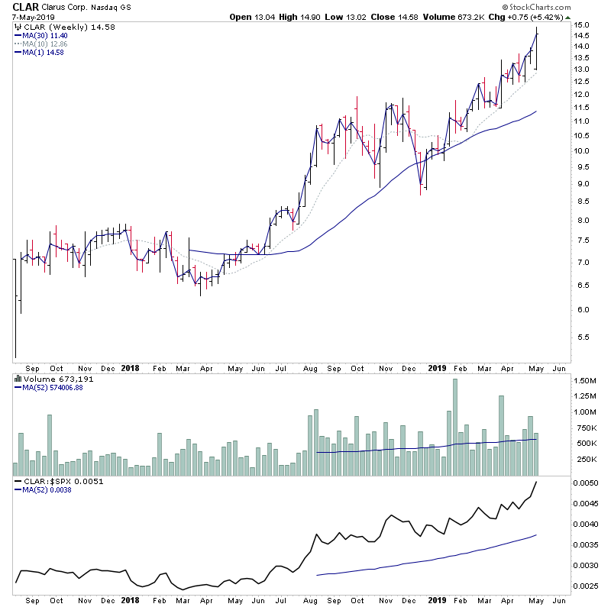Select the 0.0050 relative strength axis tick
[x=589, y=483]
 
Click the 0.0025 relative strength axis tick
[x=589, y=586]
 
